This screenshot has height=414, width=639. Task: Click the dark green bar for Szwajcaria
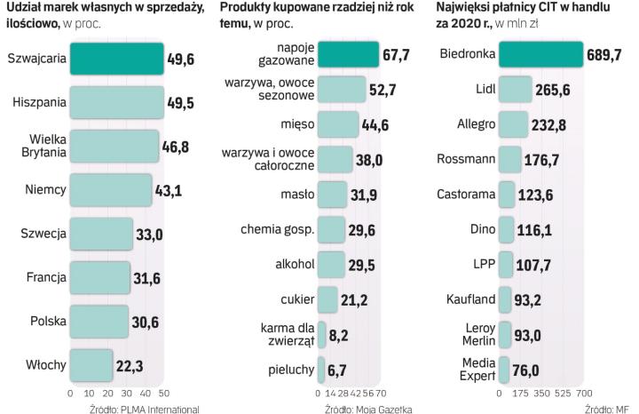coord(116,59)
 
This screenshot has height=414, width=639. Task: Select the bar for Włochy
coord(91,362)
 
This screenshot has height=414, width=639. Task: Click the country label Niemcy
coord(44,188)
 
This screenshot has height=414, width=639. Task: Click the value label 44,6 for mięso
coord(381,124)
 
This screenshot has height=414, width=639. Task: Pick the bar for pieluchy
coord(320,369)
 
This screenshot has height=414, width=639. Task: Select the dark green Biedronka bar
coord(540,55)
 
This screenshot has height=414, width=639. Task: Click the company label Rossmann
coord(465,160)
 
